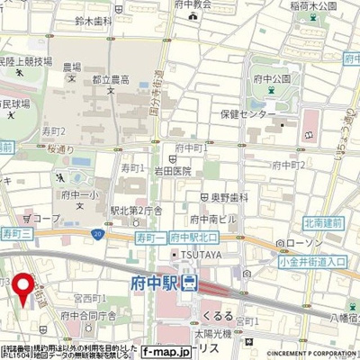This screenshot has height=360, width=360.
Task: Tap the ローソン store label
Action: pos(297,243)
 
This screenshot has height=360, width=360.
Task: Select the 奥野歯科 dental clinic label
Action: pos(228,196)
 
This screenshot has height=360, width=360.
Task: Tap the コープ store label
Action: pos(48,218)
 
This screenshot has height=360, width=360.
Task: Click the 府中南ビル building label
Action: pos(211,220)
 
